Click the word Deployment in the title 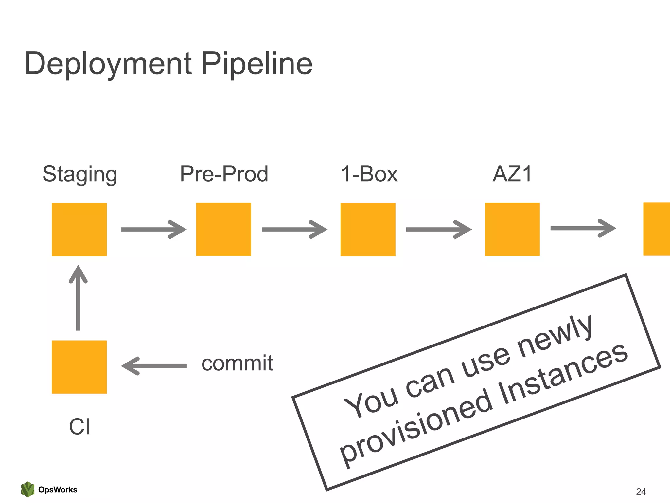[x=108, y=64]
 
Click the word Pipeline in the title [x=257, y=64]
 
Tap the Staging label [x=80, y=174]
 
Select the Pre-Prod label [x=224, y=174]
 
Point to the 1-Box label [x=369, y=174]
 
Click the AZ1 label [x=512, y=174]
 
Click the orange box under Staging [x=79, y=229]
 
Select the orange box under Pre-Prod [x=223, y=229]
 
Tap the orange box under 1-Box [x=368, y=229]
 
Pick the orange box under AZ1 [x=512, y=229]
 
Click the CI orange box [x=79, y=367]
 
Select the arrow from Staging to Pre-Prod [x=153, y=229]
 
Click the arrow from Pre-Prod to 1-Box [x=294, y=229]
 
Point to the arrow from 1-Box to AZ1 [x=439, y=229]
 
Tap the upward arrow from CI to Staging [x=78, y=298]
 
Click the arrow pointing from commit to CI [x=154, y=366]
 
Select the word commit [x=237, y=363]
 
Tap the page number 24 [x=641, y=491]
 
